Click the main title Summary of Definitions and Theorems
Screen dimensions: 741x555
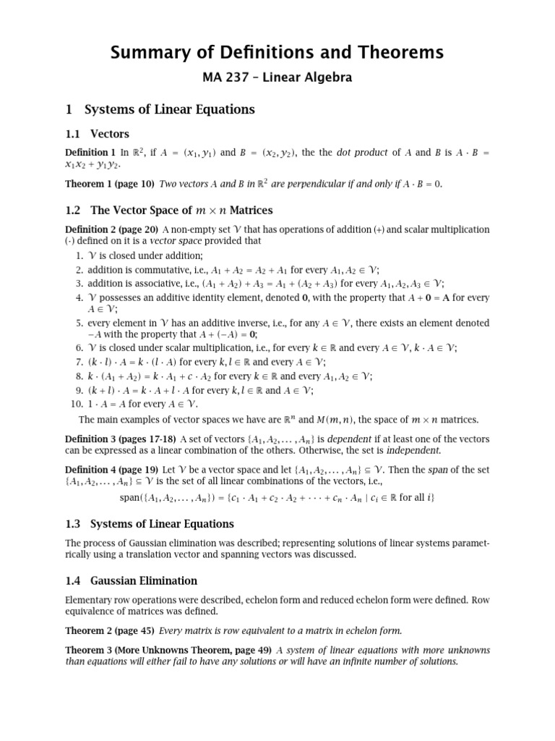[277, 52]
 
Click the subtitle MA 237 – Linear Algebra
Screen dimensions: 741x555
[277, 77]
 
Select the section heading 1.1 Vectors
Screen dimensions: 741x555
[98, 133]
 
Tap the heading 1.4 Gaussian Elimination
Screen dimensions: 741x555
[131, 580]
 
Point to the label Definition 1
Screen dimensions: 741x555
[90, 153]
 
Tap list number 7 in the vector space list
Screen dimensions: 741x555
[79, 362]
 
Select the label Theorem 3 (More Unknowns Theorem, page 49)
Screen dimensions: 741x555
[168, 650]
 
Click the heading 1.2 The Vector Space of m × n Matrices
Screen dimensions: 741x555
[168, 210]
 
